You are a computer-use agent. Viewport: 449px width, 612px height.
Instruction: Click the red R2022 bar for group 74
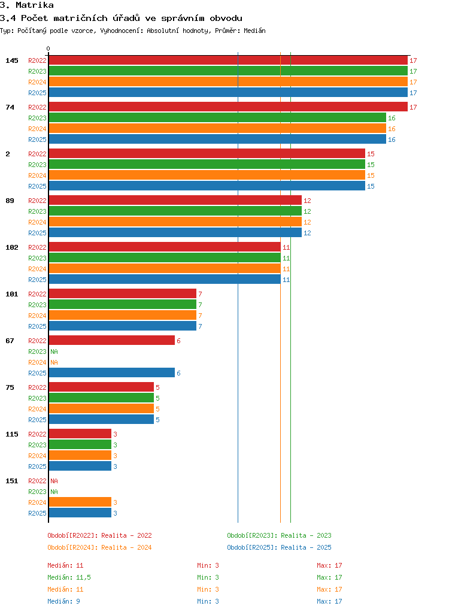228,107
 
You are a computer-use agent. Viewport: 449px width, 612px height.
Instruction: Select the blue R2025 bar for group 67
111,372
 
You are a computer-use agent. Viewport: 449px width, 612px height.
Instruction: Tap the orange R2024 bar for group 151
80,502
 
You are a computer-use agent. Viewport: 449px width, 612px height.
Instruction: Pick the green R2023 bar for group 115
80,444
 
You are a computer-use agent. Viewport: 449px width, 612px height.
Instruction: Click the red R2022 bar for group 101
123,293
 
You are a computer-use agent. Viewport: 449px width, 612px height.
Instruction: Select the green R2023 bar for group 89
175,211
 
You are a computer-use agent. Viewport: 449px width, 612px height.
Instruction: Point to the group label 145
12,60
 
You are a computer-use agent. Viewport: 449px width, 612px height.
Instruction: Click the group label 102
12,247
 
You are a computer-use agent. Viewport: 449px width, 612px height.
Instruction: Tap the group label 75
10,387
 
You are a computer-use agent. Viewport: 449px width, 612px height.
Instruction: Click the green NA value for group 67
54,352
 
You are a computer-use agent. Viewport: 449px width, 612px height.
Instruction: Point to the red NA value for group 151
54,481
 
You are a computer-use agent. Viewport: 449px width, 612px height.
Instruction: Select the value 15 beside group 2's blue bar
371,187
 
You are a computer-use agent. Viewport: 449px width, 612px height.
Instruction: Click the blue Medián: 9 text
63,601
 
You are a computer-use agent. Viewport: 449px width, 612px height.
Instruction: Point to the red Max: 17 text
329,565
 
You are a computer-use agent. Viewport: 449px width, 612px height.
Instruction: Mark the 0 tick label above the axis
48,49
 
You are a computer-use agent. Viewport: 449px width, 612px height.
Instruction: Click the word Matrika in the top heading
34,5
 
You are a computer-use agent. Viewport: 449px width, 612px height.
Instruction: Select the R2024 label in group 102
37,269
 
